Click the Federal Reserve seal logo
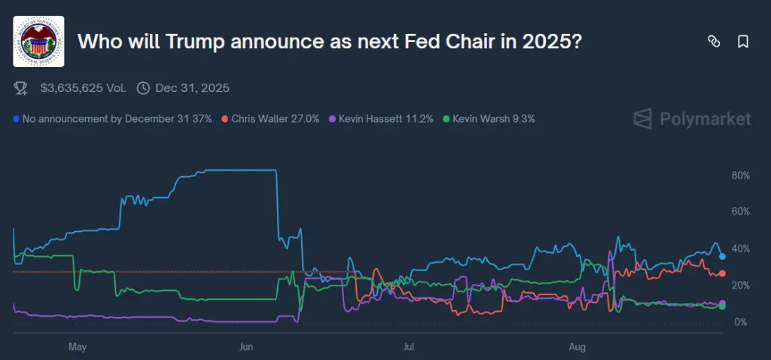(x=38, y=41)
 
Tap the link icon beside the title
(x=714, y=42)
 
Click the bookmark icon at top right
(x=743, y=42)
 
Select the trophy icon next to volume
(x=21, y=88)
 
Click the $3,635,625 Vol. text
(x=83, y=88)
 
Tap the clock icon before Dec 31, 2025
(x=143, y=88)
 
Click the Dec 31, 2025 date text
(x=192, y=88)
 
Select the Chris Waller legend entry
(x=275, y=119)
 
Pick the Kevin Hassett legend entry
(x=385, y=119)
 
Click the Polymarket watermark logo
(x=692, y=119)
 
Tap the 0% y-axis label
(x=739, y=322)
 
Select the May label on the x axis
(x=78, y=347)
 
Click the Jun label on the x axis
(x=245, y=347)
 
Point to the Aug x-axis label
(x=577, y=347)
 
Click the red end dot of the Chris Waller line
(x=722, y=273)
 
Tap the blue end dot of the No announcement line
(x=722, y=257)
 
